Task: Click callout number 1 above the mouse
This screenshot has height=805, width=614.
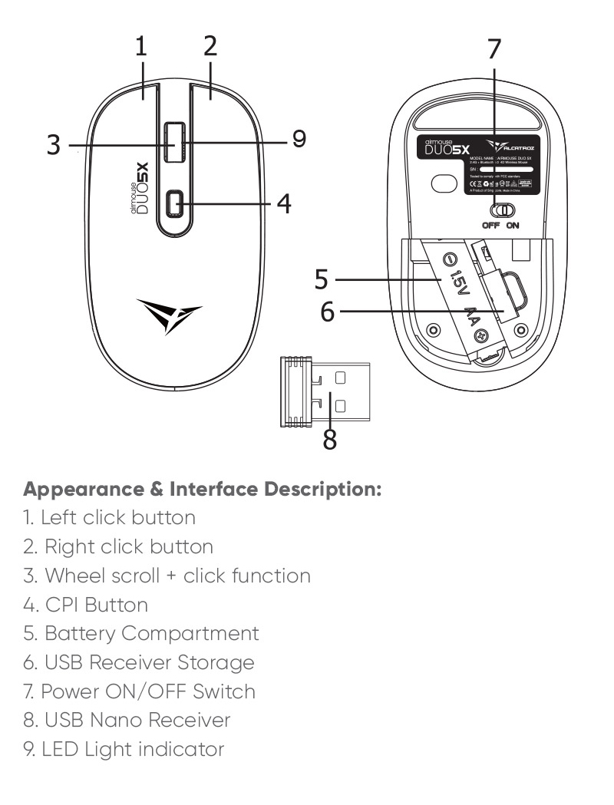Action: point(141,48)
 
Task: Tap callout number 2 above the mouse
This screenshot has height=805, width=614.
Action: point(209,47)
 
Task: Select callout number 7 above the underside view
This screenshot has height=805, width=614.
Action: point(495,48)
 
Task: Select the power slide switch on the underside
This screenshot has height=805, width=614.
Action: point(503,210)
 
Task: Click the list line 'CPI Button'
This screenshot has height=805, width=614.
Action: point(85,605)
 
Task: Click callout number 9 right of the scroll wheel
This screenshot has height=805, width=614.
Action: point(299,138)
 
